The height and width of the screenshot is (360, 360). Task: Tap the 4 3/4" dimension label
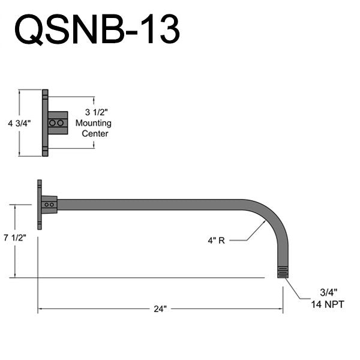coord(19,123)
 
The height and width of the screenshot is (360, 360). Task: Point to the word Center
coord(95,133)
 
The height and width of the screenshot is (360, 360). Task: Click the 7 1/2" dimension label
coord(14,237)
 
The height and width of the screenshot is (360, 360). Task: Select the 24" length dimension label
coord(159,309)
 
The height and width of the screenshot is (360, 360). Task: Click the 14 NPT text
coord(328,305)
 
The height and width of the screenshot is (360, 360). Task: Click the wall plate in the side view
coord(40,204)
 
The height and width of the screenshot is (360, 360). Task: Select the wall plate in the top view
coord(45,123)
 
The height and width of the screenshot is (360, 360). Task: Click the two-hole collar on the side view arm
coord(50,205)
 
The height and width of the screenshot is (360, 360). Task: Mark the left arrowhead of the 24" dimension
coord(41,309)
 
